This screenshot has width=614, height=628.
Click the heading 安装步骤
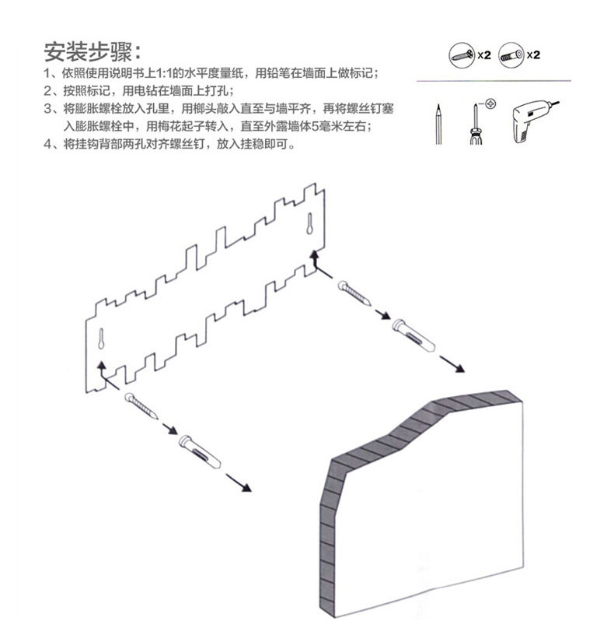coord(92,52)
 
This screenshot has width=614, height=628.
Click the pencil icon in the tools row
coord(438,124)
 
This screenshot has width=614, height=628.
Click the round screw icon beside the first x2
coord(461,55)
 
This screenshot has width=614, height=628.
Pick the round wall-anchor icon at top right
coord(511,55)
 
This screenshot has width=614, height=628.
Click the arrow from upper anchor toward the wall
coord(452,364)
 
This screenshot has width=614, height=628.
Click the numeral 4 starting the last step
coord(48,144)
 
